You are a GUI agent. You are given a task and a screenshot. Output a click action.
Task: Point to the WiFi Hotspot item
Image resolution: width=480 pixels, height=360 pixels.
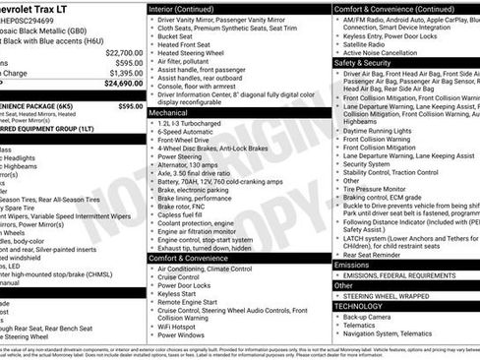tap(183, 325)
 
